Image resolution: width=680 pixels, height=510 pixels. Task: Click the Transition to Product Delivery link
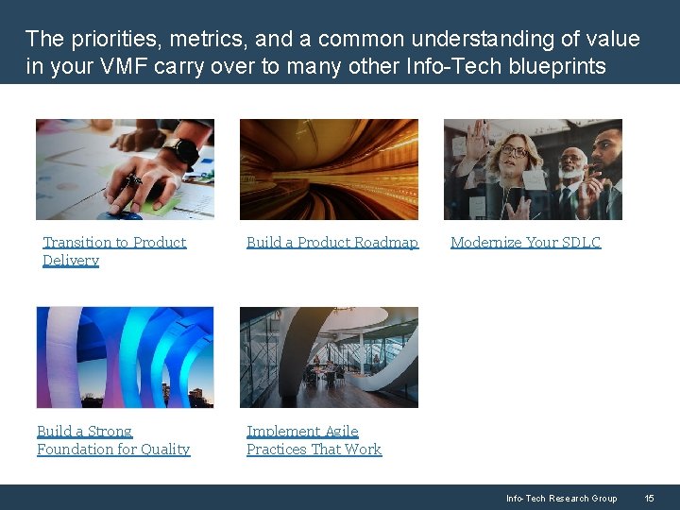(x=113, y=250)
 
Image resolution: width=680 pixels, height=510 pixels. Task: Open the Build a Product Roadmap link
(x=331, y=242)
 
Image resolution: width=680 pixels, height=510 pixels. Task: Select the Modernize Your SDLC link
(x=525, y=242)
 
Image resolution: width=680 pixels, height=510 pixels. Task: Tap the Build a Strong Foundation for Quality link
(x=113, y=440)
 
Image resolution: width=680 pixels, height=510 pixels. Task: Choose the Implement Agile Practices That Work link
(x=314, y=440)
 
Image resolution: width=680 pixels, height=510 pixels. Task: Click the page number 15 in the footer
(x=649, y=498)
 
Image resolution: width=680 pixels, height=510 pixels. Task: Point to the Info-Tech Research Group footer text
(x=561, y=498)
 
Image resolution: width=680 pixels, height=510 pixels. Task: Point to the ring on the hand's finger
(x=133, y=179)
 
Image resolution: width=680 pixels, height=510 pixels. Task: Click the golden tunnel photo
(x=329, y=169)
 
